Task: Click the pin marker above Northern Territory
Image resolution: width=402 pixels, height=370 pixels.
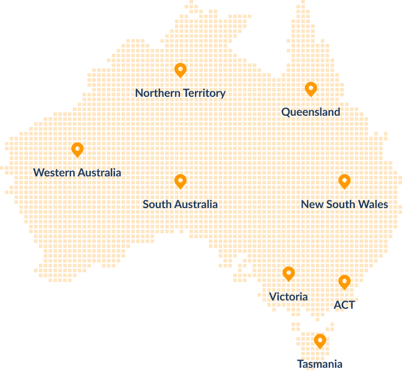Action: (x=180, y=70)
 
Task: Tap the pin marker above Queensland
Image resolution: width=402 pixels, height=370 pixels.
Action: (x=311, y=88)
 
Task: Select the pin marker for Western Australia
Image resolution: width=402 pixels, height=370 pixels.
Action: (x=77, y=149)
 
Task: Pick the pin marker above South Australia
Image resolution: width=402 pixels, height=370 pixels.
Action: (x=180, y=181)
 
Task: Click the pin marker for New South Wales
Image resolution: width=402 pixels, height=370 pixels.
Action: (x=344, y=181)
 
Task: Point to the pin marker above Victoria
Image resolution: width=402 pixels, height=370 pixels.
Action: (x=288, y=273)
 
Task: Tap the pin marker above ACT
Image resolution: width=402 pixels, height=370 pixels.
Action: (x=344, y=282)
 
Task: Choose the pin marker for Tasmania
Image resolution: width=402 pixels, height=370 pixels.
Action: (x=319, y=341)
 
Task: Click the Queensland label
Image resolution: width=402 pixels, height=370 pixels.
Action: (x=310, y=112)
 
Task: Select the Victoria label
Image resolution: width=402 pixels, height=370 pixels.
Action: (x=288, y=297)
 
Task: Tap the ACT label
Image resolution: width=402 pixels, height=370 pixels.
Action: (x=344, y=305)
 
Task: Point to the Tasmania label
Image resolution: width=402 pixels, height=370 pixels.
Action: (x=320, y=364)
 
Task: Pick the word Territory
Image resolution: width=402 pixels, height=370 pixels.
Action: (x=204, y=93)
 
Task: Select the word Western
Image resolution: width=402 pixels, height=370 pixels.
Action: (x=54, y=172)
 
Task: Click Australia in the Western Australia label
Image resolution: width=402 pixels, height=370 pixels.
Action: (x=99, y=172)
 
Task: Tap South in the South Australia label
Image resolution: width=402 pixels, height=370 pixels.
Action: (x=157, y=204)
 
